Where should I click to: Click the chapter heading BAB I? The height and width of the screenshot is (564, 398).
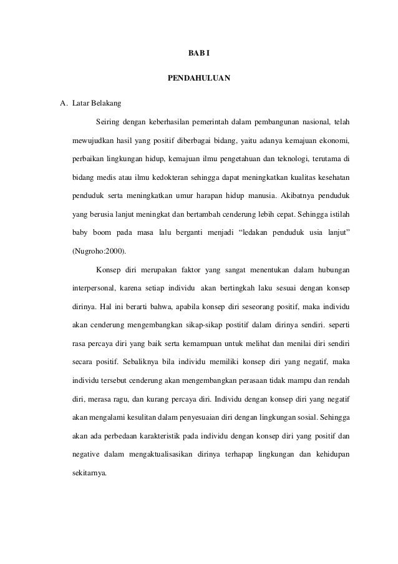pyautogui.click(x=199, y=56)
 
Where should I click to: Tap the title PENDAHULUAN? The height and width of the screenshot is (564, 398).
pyautogui.click(x=199, y=79)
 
